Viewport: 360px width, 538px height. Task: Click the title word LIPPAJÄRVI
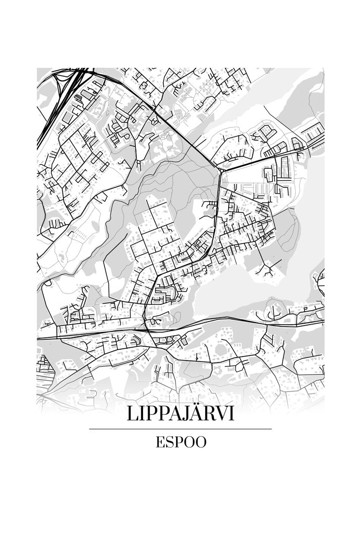(x=180, y=414)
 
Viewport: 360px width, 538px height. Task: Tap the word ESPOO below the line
(x=180, y=442)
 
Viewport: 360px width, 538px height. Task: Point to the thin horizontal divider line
(x=180, y=429)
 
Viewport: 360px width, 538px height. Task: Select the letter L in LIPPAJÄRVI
(x=131, y=414)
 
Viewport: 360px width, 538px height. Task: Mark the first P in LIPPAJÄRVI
(x=149, y=414)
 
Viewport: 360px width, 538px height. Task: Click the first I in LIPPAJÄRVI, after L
(x=140, y=414)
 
